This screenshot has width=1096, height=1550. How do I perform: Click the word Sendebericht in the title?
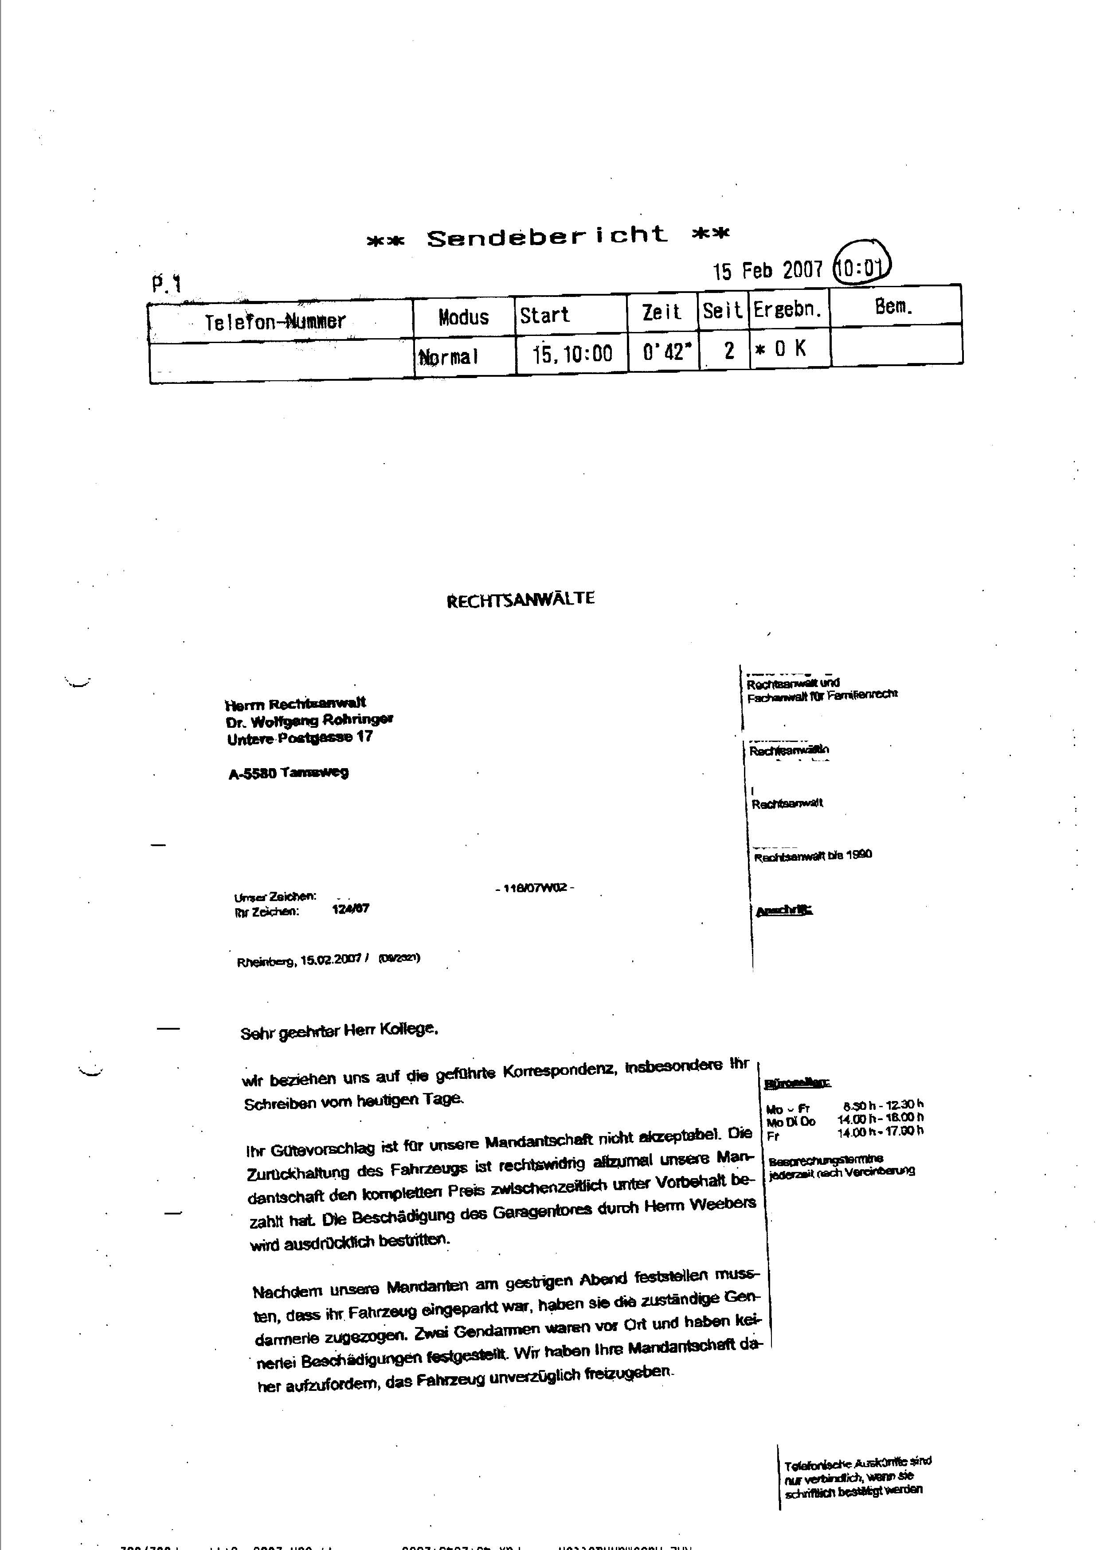click(x=547, y=236)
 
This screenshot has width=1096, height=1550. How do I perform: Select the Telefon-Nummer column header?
click(x=275, y=321)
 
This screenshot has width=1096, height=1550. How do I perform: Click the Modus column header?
click(x=463, y=316)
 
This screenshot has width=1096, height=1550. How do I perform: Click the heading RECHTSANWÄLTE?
click(x=521, y=599)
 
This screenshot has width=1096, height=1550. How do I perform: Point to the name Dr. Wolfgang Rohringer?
click(x=310, y=720)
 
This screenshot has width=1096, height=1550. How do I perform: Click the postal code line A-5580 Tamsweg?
click(x=288, y=773)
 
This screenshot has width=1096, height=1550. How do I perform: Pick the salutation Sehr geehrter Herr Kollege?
click(x=340, y=1031)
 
